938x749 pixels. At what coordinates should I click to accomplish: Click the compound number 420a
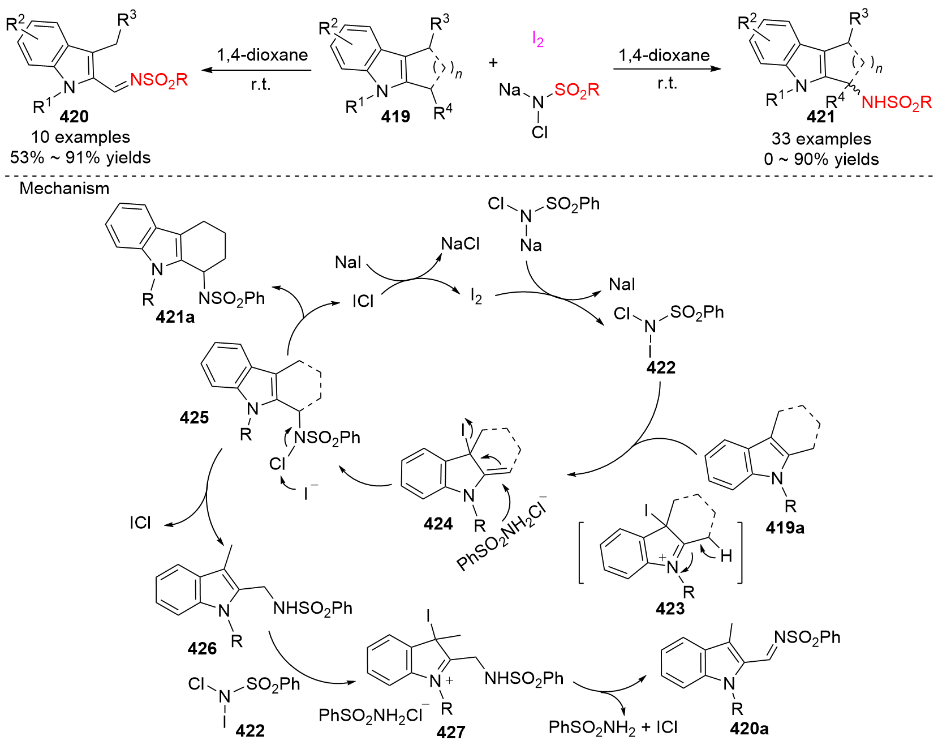click(749, 729)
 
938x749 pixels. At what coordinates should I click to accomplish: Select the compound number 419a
click(785, 528)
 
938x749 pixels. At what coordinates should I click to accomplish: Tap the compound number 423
click(670, 609)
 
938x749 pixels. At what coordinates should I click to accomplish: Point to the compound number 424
click(438, 524)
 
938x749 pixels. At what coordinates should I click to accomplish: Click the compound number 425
click(194, 417)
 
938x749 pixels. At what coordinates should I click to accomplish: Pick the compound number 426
click(202, 648)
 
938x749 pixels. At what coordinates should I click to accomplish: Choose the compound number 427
click(451, 732)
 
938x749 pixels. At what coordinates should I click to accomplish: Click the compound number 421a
click(175, 317)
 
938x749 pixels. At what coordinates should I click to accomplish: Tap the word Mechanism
click(64, 189)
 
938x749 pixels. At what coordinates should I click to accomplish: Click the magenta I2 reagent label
click(537, 39)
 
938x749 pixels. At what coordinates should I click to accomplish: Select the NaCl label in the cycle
click(460, 244)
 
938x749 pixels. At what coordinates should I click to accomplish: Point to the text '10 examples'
click(80, 137)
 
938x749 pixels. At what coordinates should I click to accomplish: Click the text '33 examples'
click(821, 139)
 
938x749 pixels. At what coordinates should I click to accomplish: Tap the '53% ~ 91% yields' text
click(80, 157)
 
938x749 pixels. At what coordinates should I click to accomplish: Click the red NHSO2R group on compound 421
click(896, 102)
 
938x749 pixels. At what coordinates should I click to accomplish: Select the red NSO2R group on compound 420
click(159, 80)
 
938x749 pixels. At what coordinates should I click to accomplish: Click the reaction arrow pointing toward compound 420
click(257, 70)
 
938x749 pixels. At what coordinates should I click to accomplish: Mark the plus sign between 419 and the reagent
click(493, 62)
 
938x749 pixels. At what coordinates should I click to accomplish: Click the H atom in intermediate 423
click(726, 557)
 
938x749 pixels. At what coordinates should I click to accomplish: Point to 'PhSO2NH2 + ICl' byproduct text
click(613, 727)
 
